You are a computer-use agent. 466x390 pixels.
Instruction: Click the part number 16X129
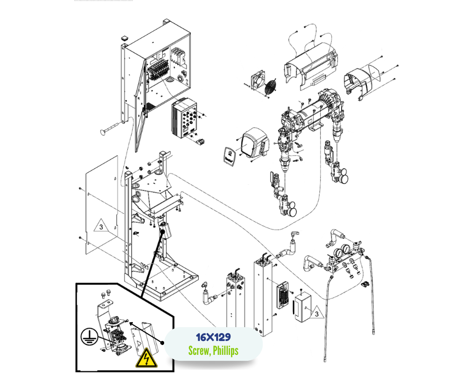click(213, 338)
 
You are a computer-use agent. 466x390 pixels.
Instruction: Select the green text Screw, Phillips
click(213, 350)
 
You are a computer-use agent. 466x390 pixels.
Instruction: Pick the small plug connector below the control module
click(201, 143)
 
